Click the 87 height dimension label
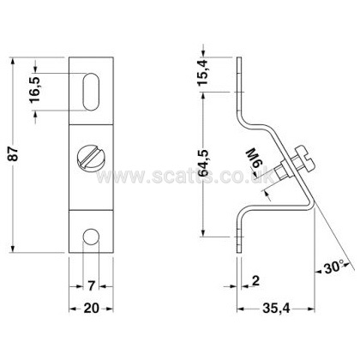tap(14, 155)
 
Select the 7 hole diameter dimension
tap(91, 285)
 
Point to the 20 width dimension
tap(91, 309)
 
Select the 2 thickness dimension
tap(256, 281)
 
